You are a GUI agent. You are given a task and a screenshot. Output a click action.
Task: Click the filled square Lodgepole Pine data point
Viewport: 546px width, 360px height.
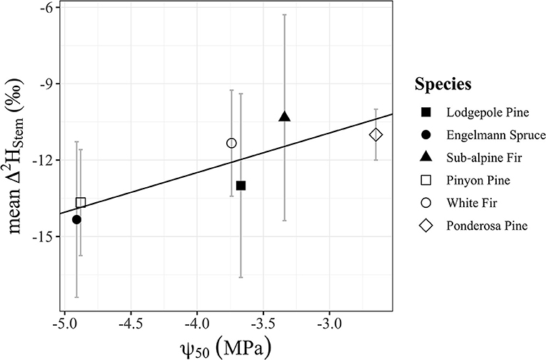tap(241, 186)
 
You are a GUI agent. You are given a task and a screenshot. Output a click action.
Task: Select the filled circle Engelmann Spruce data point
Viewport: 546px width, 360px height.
tap(76, 219)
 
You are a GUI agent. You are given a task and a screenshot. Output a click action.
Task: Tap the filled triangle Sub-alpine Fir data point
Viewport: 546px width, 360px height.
tap(285, 116)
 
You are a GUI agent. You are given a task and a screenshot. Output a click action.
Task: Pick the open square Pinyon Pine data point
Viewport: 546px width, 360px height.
tap(81, 203)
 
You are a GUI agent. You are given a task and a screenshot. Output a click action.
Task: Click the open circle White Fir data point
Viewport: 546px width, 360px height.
tap(231, 143)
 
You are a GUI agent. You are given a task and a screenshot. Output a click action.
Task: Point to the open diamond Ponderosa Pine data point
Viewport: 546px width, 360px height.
tap(376, 134)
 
